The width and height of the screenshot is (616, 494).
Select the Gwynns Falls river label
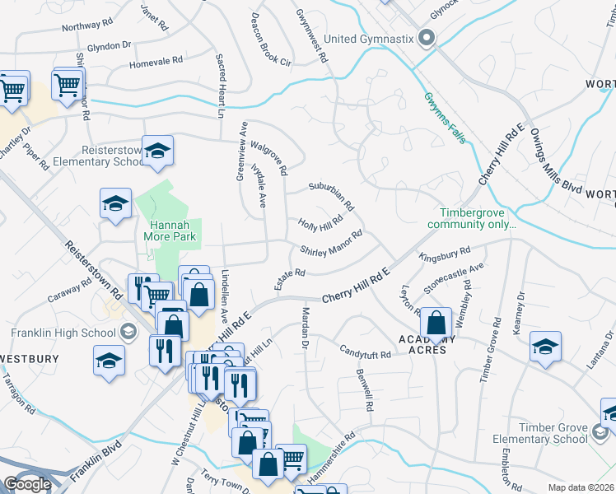point(446,117)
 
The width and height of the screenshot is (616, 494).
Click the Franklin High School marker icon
point(128,332)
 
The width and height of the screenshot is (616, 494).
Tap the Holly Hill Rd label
point(320,223)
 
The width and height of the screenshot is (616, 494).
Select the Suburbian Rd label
point(331,195)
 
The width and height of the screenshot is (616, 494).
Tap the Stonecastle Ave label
point(454,278)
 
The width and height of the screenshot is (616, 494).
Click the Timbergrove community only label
point(472,217)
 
